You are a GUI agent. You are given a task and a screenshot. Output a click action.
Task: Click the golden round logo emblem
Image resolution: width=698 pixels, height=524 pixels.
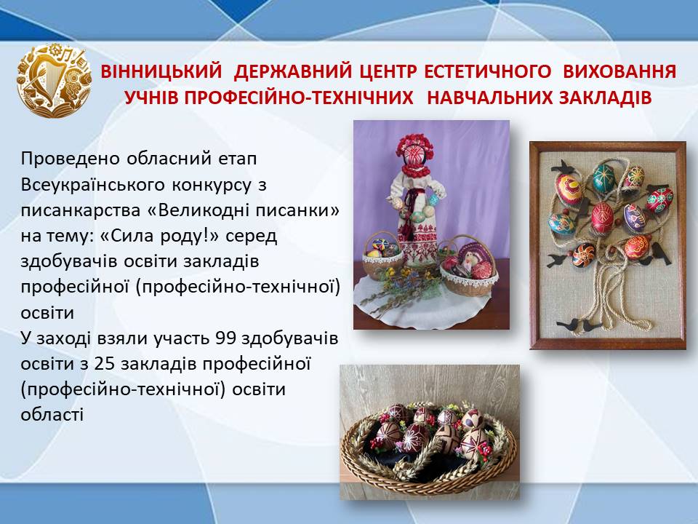click(54, 80)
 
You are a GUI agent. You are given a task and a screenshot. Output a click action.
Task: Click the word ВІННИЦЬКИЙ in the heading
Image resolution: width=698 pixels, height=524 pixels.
click(161, 71)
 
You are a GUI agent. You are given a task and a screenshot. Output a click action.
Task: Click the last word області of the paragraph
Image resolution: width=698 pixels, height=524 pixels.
click(52, 415)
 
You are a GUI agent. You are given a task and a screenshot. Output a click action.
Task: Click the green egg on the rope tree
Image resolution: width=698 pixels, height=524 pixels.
click(603, 177)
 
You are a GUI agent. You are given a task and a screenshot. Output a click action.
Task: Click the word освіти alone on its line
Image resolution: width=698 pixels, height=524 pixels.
click(47, 312)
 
